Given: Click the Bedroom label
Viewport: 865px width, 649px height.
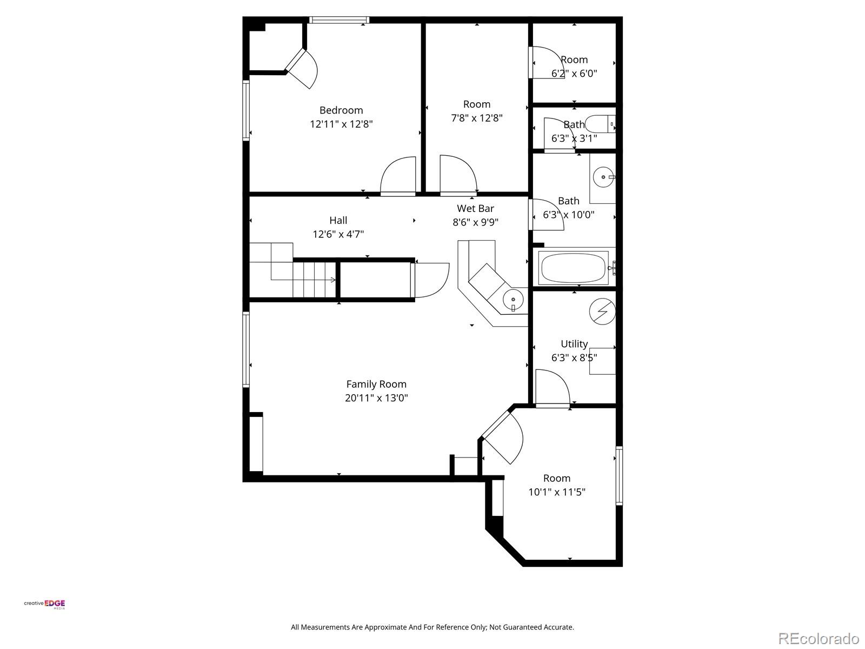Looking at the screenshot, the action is (x=341, y=110).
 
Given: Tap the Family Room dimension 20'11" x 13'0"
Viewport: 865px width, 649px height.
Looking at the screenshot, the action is (x=376, y=398).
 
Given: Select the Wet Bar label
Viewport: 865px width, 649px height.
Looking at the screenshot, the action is (x=475, y=208).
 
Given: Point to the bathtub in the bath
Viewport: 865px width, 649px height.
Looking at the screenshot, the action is (x=574, y=268).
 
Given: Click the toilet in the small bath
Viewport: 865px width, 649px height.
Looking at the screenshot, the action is (x=600, y=124).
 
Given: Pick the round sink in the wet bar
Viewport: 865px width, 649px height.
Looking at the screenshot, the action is (x=513, y=300).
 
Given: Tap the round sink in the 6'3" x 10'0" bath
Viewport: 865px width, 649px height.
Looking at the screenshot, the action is (x=603, y=177).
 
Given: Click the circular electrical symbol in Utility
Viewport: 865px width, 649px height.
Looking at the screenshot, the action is (x=603, y=312).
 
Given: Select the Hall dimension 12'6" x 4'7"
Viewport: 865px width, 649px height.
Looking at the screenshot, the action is (x=338, y=235).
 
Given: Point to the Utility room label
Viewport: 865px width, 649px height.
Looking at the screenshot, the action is (x=574, y=344).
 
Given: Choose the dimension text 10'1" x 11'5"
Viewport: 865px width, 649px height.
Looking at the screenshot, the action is (x=557, y=492).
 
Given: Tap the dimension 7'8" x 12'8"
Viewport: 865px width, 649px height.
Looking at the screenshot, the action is (x=477, y=118).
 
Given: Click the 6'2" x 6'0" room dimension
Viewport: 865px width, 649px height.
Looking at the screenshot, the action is (x=574, y=74).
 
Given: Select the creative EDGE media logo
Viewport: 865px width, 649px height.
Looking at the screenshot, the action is (x=44, y=604).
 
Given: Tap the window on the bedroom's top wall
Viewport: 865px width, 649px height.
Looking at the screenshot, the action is (x=339, y=19).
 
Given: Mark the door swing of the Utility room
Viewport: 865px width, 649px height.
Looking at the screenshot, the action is (x=553, y=387).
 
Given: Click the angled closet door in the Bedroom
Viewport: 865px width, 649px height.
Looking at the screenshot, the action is (x=302, y=69).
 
